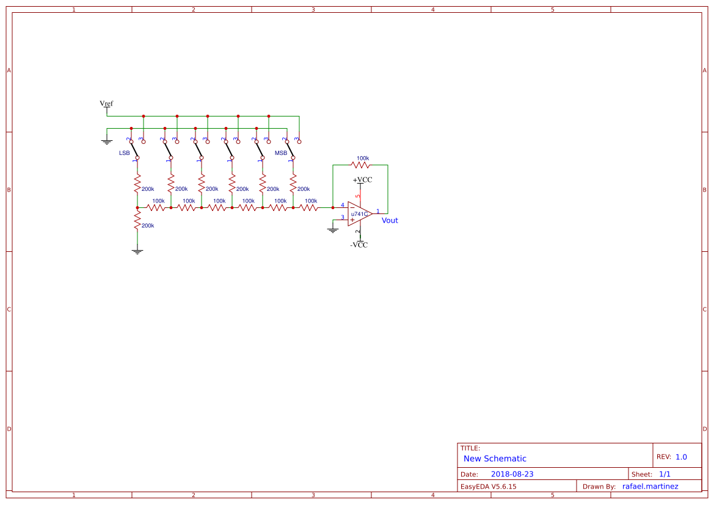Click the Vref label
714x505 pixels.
click(106, 104)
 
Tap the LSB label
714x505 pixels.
click(124, 152)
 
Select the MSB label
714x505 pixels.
click(281, 152)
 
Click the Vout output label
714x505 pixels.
click(390, 220)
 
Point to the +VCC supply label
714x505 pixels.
click(362, 180)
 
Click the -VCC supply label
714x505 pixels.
click(359, 245)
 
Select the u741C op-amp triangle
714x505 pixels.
click(359, 214)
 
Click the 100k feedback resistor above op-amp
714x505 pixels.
click(361, 165)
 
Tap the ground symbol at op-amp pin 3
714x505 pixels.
click(333, 230)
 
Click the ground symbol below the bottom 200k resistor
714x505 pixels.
click(137, 251)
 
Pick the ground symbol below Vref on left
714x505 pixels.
click(107, 141)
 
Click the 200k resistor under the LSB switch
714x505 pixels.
click(137, 184)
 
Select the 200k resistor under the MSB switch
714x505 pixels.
click(293, 182)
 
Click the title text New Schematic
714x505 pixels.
click(495, 459)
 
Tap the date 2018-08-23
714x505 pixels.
click(512, 474)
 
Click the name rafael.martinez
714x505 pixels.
click(650, 486)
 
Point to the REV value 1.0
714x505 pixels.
click(681, 457)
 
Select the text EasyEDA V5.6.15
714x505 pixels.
click(488, 486)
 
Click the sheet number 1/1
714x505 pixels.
click(665, 474)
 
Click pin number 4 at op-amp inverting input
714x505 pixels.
click(342, 205)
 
